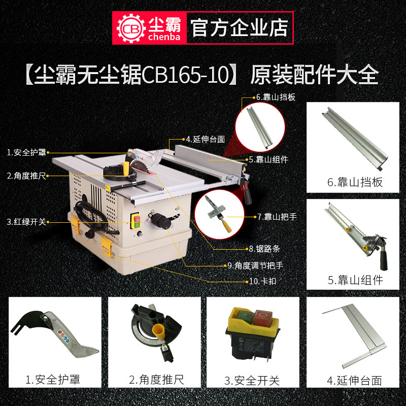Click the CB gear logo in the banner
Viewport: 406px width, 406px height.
coord(131,28)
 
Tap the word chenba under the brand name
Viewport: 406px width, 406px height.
coord(164,37)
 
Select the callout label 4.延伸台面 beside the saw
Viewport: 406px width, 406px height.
coord(206,139)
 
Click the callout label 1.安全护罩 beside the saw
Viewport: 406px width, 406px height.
coord(26,152)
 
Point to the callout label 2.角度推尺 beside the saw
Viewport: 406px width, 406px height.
coord(26,176)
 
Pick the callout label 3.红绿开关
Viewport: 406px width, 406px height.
coord(26,222)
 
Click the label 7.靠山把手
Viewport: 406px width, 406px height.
coord(277,217)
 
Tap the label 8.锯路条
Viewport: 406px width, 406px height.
coord(264,249)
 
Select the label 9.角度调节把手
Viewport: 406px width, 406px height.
coord(255,265)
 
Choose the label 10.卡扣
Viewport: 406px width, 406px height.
coord(262,281)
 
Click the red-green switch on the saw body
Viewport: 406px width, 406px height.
coord(136,221)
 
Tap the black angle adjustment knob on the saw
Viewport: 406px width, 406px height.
coord(161,221)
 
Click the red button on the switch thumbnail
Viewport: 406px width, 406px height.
coord(263,318)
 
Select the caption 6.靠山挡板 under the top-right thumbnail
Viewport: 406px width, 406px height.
coord(355,182)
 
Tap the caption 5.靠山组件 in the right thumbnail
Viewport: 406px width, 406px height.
coord(355,280)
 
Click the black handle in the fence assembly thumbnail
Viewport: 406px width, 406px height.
coord(383,258)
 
